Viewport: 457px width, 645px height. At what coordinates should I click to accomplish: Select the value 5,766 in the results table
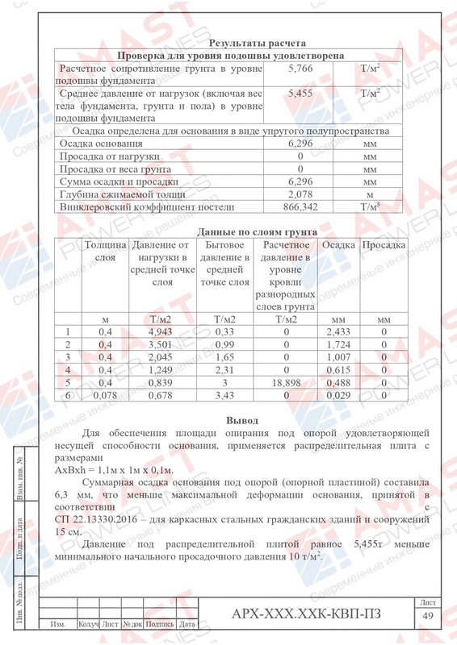pyautogui.click(x=300, y=69)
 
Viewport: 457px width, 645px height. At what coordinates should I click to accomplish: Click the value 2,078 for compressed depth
pyautogui.click(x=300, y=194)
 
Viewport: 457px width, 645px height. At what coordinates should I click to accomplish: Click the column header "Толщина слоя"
pyautogui.click(x=105, y=251)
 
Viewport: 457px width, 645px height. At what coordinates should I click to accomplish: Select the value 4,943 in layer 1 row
pyautogui.click(x=161, y=331)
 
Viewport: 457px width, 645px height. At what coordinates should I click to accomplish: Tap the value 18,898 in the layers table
pyautogui.click(x=287, y=383)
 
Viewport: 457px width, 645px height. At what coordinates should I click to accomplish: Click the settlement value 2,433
pyautogui.click(x=338, y=331)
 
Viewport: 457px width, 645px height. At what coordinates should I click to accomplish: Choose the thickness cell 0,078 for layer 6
pyautogui.click(x=105, y=396)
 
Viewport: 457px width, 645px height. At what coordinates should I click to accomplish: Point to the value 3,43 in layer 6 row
pyautogui.click(x=224, y=396)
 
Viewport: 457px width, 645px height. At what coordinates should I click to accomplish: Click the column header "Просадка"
pyautogui.click(x=384, y=244)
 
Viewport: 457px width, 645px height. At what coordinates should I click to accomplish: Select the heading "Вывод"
pyautogui.click(x=242, y=420)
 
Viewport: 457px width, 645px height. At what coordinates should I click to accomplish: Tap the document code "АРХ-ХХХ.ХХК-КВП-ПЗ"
pyautogui.click(x=306, y=615)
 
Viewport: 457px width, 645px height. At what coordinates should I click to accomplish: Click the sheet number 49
pyautogui.click(x=429, y=616)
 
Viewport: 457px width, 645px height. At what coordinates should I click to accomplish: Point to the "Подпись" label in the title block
pyautogui.click(x=161, y=623)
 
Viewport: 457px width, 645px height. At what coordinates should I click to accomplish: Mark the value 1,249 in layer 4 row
pyautogui.click(x=161, y=370)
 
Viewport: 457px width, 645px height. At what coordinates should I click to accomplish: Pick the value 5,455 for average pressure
pyautogui.click(x=300, y=94)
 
